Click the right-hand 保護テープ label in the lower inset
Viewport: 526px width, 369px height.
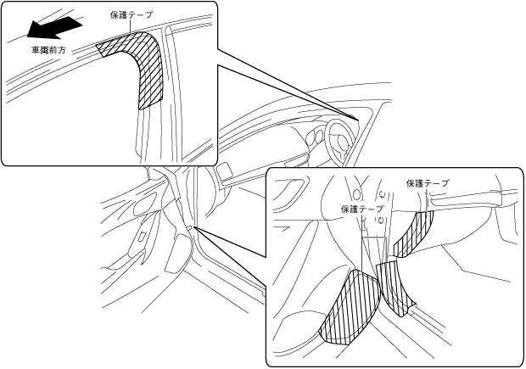[x=427, y=182]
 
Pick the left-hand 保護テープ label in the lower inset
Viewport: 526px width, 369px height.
[x=362, y=208]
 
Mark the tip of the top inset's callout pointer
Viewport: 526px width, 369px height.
[x=361, y=118]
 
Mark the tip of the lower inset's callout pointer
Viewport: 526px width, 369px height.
[x=194, y=227]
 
